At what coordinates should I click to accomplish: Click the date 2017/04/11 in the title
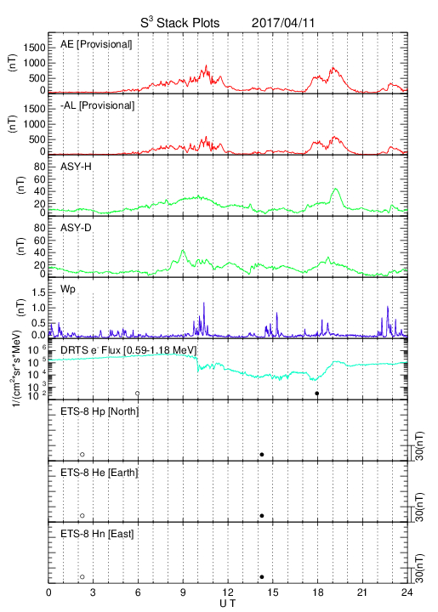click(x=282, y=23)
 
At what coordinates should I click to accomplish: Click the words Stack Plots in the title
click(x=188, y=23)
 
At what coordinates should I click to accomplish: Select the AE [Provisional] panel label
click(x=96, y=44)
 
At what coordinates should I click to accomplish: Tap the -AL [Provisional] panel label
click(x=97, y=105)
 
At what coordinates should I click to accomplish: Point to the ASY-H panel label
click(x=76, y=167)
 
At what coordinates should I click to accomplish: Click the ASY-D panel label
click(x=76, y=228)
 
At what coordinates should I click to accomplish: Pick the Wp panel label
click(x=68, y=290)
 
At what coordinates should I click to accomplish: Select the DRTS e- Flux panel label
click(x=128, y=350)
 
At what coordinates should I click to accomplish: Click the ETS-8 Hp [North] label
click(x=100, y=411)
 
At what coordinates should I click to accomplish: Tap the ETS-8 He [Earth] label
click(x=100, y=473)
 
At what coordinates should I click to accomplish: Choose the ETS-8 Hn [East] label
click(x=97, y=534)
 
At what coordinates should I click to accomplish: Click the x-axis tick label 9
click(x=183, y=592)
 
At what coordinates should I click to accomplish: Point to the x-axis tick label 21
click(x=362, y=592)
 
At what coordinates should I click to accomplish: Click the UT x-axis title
click(x=228, y=603)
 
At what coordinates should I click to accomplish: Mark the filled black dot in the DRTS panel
click(x=317, y=394)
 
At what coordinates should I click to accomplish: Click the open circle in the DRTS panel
click(x=138, y=394)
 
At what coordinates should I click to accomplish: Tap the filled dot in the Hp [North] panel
click(x=262, y=454)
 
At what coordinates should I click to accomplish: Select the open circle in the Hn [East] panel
click(x=82, y=576)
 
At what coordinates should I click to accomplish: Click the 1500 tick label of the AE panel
click(x=34, y=48)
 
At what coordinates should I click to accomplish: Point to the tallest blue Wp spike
click(x=204, y=303)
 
